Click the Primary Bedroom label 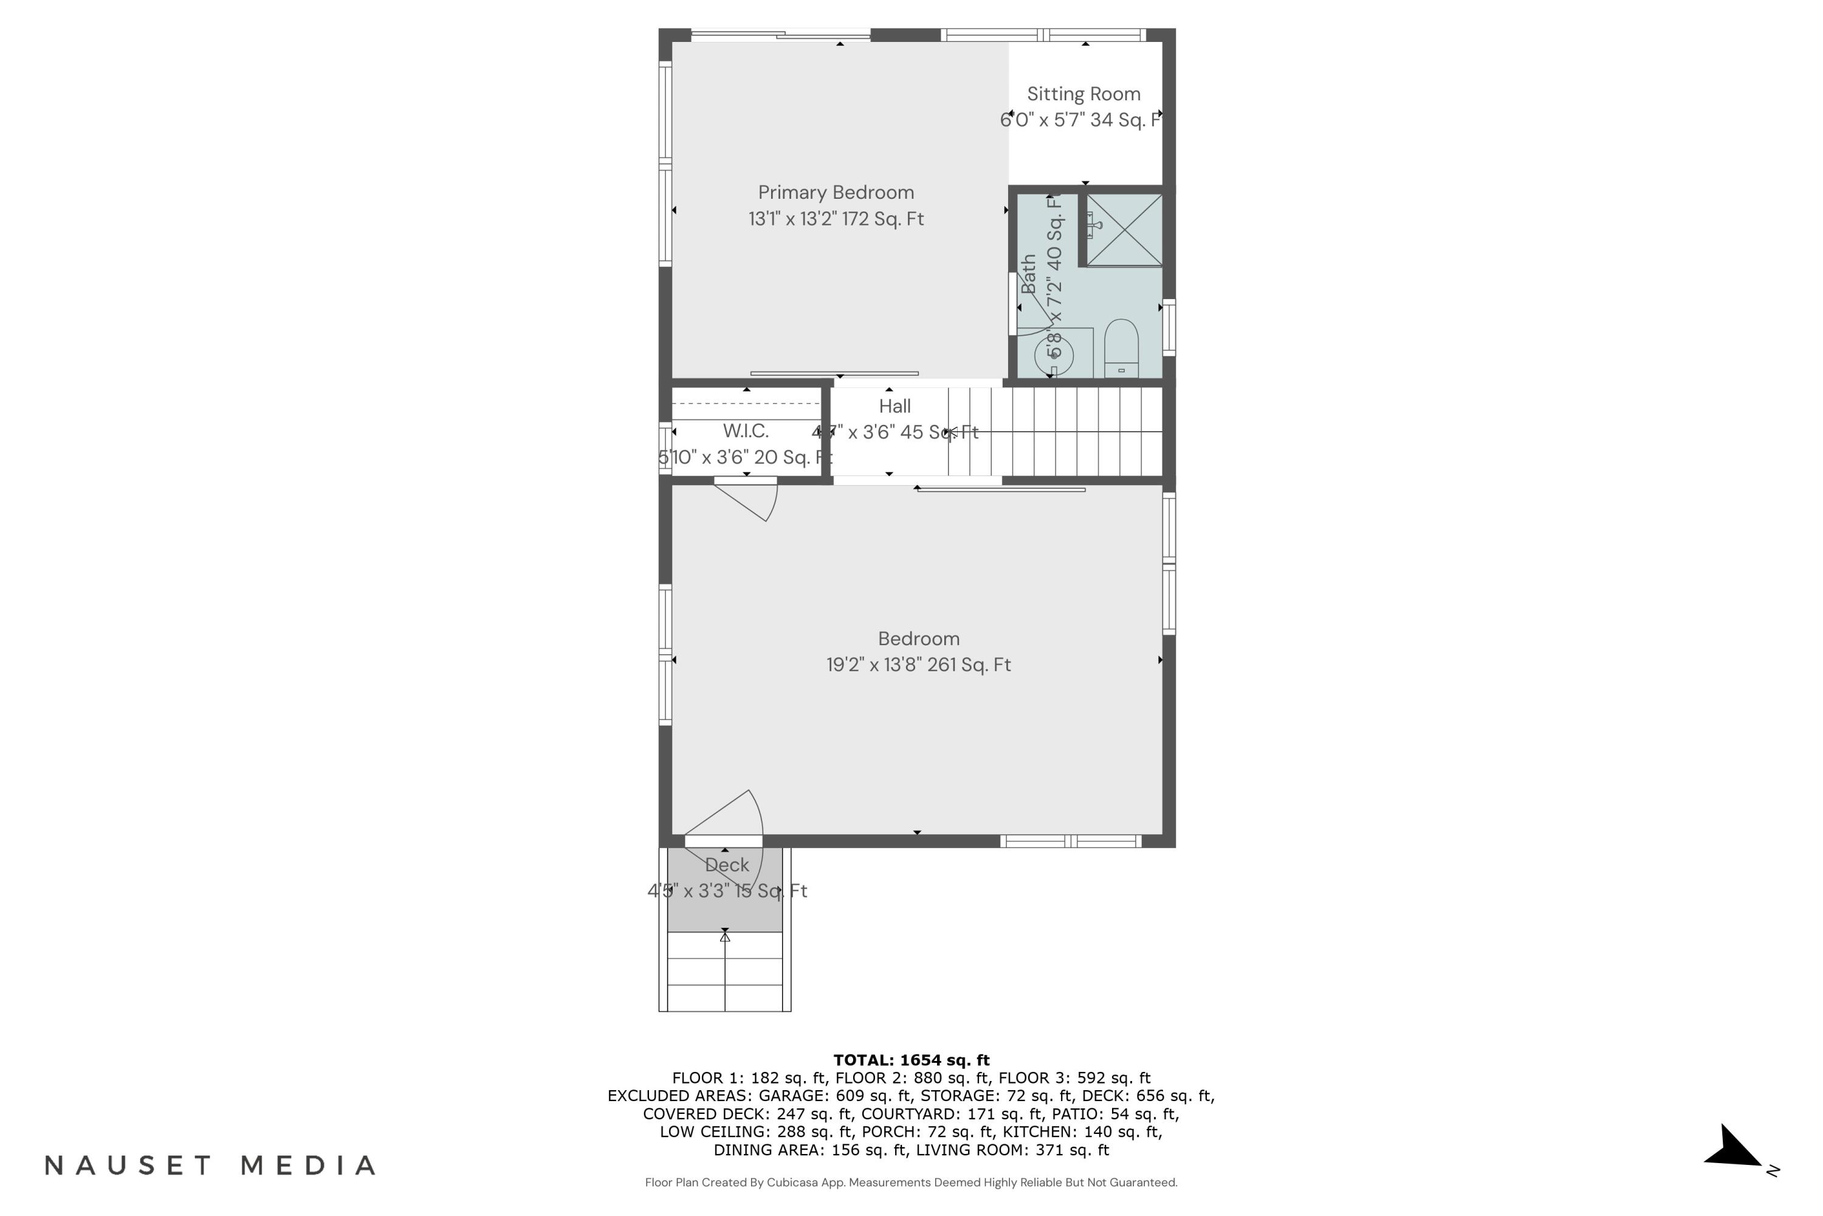coord(836,192)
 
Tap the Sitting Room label coord(1083,94)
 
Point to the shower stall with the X coord(1124,230)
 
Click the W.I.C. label coord(746,430)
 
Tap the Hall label coord(894,406)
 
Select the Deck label coord(727,865)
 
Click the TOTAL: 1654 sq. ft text coord(911,1060)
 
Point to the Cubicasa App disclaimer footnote coord(911,1183)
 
